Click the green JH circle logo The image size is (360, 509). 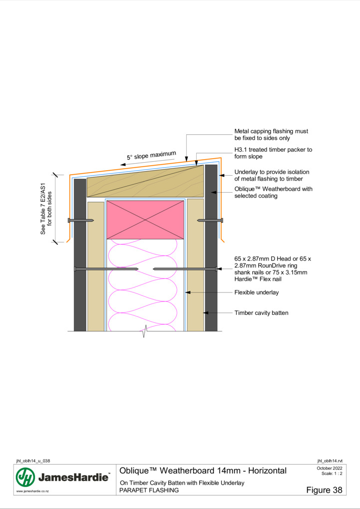25,477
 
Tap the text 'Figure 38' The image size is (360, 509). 324,490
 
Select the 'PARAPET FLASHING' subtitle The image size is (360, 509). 149,490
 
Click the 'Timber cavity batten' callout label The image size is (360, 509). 261,313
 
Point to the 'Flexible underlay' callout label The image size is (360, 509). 257,292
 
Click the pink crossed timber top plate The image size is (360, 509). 145,220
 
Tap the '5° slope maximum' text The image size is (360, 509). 151,156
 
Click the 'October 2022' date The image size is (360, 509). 330,468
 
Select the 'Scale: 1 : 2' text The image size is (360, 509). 332,473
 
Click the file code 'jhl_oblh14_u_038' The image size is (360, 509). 33,461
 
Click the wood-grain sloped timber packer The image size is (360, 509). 145,181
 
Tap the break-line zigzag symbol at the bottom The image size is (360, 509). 145,331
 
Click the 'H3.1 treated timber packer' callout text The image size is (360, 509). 273,150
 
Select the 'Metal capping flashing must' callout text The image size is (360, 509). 271,131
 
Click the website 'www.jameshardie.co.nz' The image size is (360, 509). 32,491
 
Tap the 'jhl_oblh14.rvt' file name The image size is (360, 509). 330,461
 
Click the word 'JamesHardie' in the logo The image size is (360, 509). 73,477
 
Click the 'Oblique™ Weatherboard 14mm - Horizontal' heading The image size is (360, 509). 203,471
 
